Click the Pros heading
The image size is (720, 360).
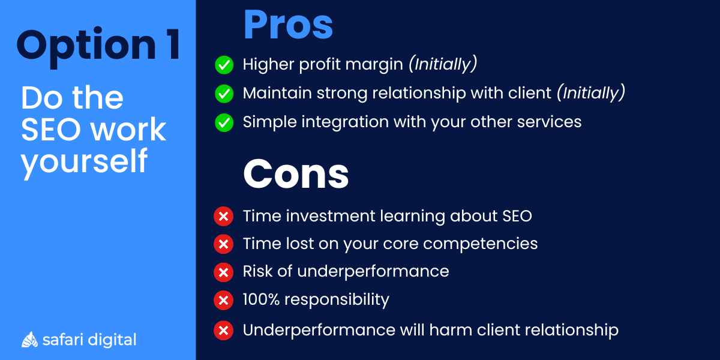tap(288, 25)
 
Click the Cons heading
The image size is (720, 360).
tap(296, 174)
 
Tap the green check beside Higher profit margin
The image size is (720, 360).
tap(224, 65)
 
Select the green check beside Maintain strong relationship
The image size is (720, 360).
tap(224, 94)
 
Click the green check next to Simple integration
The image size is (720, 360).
tap(224, 122)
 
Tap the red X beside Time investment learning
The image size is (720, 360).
tap(223, 216)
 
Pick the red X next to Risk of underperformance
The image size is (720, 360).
tap(223, 272)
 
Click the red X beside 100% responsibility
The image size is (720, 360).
tap(223, 300)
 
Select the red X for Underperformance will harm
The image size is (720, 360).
tap(223, 330)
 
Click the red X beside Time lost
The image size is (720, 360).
tap(223, 244)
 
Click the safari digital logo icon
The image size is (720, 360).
tap(30, 340)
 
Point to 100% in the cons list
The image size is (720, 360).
tap(265, 299)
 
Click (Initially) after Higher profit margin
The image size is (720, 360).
tap(443, 64)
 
